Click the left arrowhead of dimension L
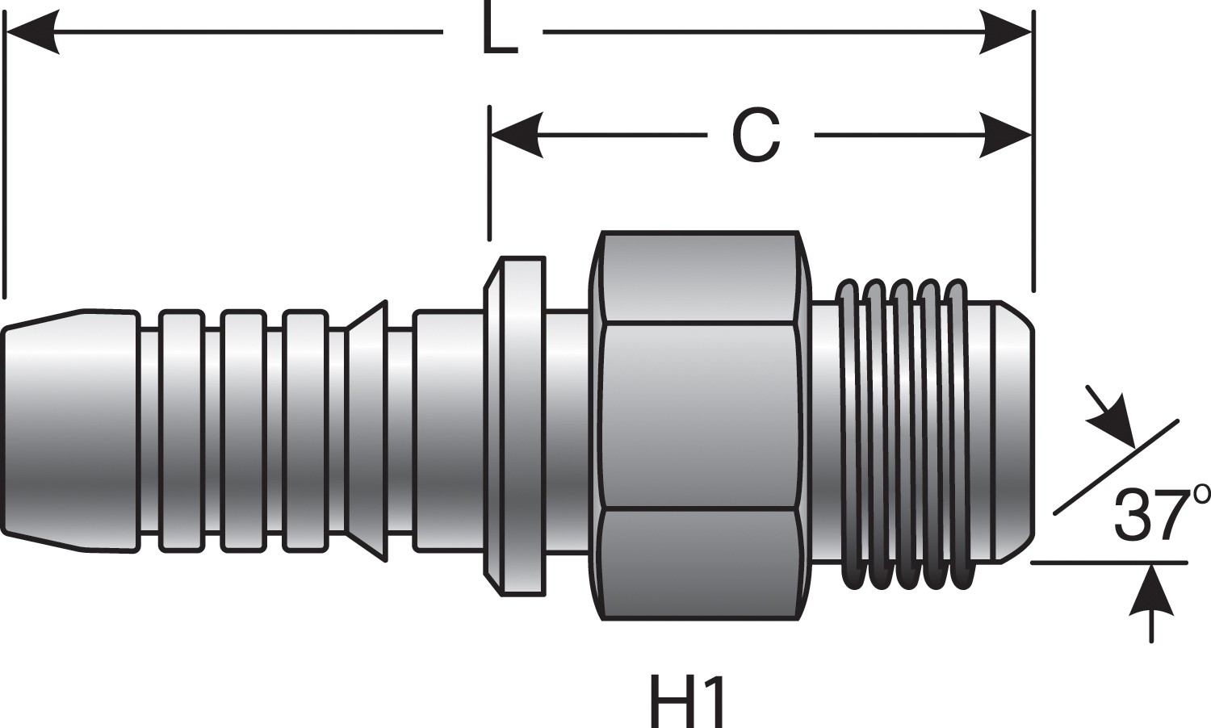(x=32, y=33)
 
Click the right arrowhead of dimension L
(x=1006, y=33)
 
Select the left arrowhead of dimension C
(x=515, y=135)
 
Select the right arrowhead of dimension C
(x=1006, y=135)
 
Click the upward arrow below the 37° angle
(x=1151, y=593)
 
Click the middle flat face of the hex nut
(x=699, y=416)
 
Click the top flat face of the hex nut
(x=699, y=278)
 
